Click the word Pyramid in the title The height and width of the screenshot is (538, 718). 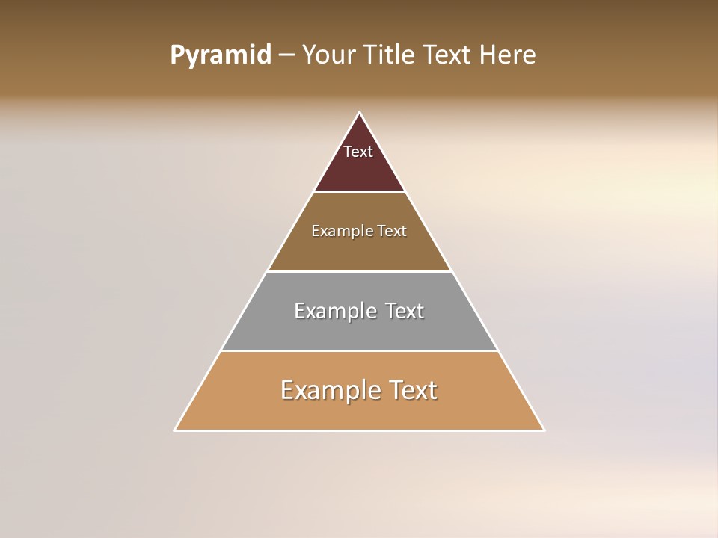coord(220,55)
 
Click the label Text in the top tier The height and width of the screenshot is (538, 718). coord(358,152)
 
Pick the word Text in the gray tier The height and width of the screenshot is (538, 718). coord(405,311)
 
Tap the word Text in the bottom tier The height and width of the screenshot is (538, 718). coord(412,390)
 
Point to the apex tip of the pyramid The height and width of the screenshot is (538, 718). coord(359,113)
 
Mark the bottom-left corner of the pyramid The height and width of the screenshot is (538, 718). coord(175,430)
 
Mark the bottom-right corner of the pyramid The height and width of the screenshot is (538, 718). coord(544,430)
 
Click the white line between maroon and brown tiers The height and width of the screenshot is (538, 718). coord(359,192)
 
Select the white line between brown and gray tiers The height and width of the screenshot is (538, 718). coord(359,271)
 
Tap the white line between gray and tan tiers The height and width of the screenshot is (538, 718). coord(359,350)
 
